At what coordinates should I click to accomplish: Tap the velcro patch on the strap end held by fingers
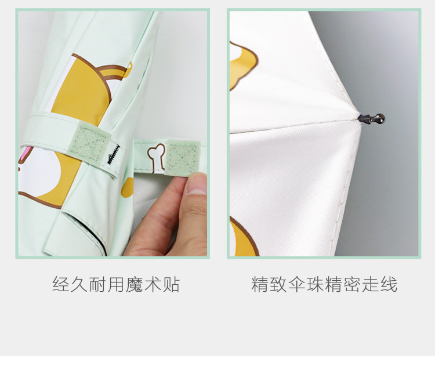coord(181,156)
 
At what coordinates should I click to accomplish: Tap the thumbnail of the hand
coord(198,184)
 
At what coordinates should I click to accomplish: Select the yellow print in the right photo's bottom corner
coord(242,237)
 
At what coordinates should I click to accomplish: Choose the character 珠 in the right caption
coord(314,285)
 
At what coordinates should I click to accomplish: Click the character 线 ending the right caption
coord(388,285)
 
